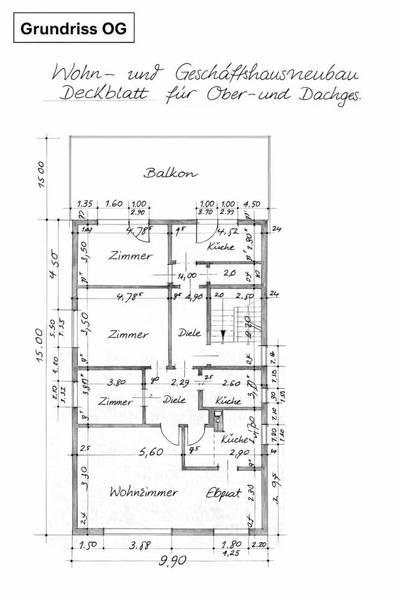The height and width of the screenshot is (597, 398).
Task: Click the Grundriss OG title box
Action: [x=73, y=28]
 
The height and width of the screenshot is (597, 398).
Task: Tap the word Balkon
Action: [x=170, y=173]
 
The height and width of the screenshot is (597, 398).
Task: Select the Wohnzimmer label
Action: [x=143, y=492]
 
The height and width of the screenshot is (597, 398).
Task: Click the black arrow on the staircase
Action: [x=222, y=336]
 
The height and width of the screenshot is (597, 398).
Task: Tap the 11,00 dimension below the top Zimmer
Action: [x=186, y=275]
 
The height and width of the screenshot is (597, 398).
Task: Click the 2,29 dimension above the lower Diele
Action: [x=180, y=382]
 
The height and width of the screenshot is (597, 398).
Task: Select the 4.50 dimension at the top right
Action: [x=251, y=203]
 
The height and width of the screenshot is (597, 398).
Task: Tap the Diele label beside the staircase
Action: [x=189, y=333]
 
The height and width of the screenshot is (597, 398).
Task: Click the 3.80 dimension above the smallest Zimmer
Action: [x=117, y=382]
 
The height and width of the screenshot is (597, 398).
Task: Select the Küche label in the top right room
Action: [x=222, y=246]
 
